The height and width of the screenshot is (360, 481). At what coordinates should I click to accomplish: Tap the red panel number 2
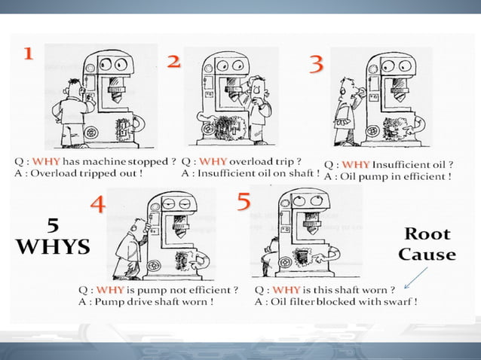(174, 63)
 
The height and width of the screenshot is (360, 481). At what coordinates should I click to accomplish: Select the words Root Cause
(427, 243)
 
